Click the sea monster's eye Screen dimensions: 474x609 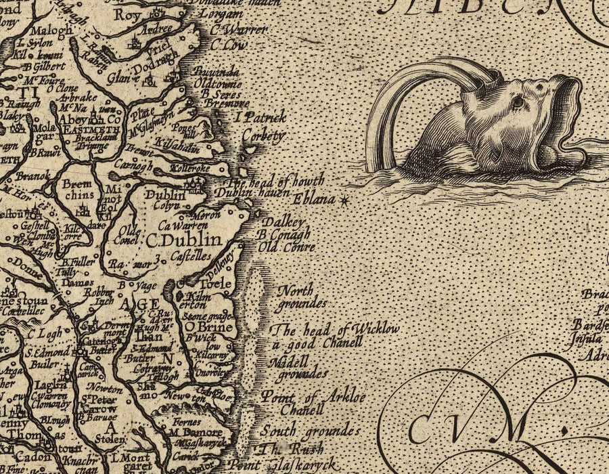(518, 102)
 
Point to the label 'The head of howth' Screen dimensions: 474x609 (276, 181)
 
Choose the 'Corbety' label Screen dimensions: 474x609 (263, 136)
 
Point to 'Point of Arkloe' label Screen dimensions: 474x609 (313, 397)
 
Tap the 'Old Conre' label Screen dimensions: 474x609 (286, 248)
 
